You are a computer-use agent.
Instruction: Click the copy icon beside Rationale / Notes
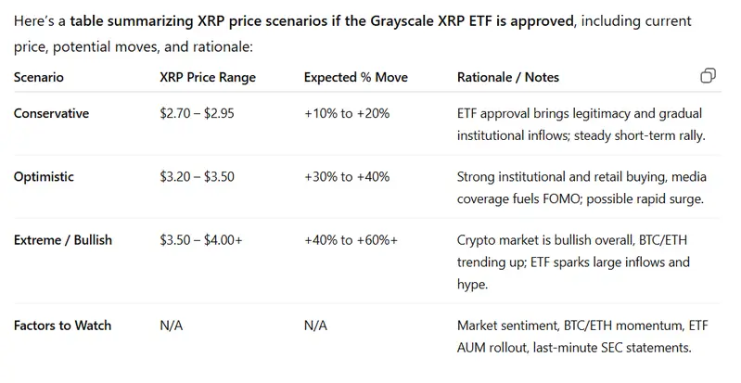point(708,76)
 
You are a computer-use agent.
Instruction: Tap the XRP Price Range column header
point(208,77)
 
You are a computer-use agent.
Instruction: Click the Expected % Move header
point(355,77)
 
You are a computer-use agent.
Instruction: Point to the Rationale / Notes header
point(508,77)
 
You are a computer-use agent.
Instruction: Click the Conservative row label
point(52,113)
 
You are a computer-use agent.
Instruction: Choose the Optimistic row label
point(45,176)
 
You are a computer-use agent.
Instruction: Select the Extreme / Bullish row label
point(63,240)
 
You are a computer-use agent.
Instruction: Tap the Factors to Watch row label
point(62,326)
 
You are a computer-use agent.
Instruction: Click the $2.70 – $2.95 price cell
point(200,113)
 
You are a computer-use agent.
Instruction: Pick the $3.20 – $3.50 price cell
point(200,176)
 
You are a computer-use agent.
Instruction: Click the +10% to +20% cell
point(347,113)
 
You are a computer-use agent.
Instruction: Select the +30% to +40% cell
point(347,176)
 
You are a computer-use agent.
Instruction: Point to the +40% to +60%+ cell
point(351,240)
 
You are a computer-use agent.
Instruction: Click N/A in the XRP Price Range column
point(172,326)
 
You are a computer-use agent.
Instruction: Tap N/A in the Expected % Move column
point(315,326)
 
